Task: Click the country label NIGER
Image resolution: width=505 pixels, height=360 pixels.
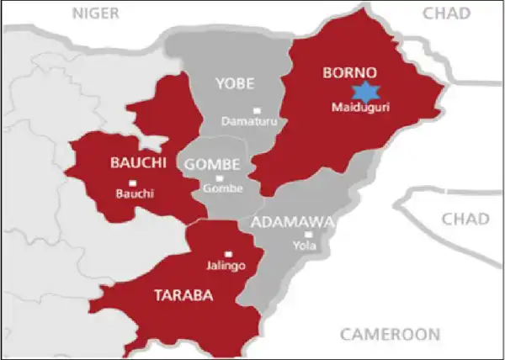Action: [x=97, y=13]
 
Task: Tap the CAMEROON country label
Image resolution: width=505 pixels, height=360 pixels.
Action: [x=389, y=334]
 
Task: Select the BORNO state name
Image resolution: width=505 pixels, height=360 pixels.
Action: [x=349, y=72]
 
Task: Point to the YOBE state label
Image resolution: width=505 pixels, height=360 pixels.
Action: [x=235, y=84]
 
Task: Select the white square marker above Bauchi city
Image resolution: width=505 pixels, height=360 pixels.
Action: [x=131, y=182]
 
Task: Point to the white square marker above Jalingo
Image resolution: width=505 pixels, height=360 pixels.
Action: [x=227, y=254]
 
